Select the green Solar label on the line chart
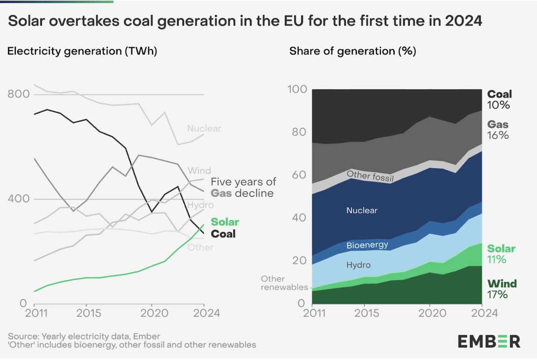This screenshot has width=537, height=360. [x=225, y=222]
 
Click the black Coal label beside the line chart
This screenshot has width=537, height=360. [x=223, y=234]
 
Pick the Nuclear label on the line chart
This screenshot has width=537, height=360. [x=204, y=129]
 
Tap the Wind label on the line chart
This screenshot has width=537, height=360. [x=199, y=171]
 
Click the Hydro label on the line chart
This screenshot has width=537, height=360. [x=200, y=205]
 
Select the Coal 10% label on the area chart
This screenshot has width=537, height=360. [x=499, y=99]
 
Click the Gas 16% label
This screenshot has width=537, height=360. [x=498, y=129]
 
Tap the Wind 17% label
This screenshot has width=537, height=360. [x=502, y=289]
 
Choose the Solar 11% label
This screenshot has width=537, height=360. [x=501, y=254]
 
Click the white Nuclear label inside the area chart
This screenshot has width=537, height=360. [x=362, y=210]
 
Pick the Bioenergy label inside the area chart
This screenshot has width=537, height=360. [x=367, y=245]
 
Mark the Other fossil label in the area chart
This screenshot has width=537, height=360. [x=370, y=176]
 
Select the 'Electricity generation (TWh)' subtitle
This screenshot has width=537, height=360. [x=82, y=51]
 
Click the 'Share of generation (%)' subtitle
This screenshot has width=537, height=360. [x=353, y=51]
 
